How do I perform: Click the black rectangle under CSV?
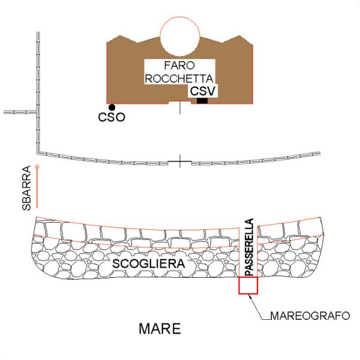tap(202, 100)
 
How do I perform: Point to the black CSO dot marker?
tap(112, 107)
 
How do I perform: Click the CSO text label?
tap(112, 118)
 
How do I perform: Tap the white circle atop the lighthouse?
tap(179, 36)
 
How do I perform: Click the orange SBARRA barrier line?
tap(37, 189)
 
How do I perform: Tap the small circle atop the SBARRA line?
tap(37, 166)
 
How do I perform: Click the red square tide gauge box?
tap(248, 286)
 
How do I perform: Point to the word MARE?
tap(160, 329)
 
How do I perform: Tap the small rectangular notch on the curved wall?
tap(179, 162)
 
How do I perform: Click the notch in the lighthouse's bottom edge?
tap(179, 103)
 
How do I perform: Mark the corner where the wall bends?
tap(38, 146)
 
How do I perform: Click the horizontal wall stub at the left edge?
tap(18, 112)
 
